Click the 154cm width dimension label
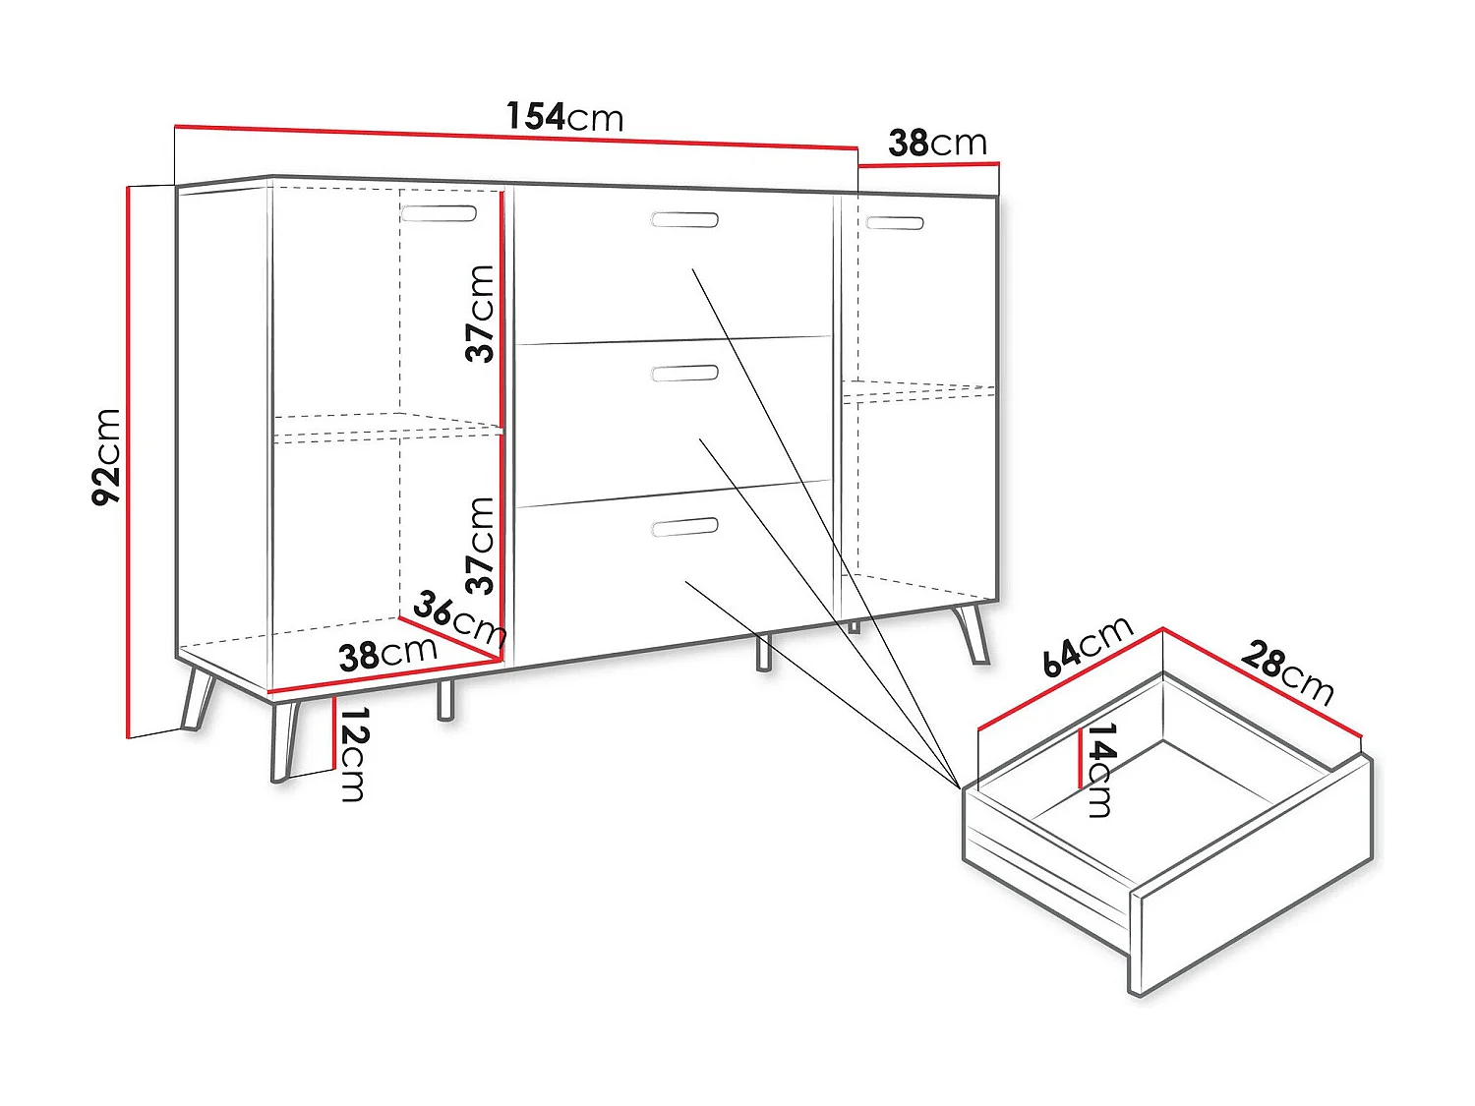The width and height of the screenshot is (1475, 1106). click(x=564, y=117)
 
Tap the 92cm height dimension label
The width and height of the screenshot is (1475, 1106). click(x=106, y=457)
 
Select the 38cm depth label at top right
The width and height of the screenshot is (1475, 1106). click(x=937, y=144)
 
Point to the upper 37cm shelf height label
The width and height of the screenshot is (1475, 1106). click(x=481, y=314)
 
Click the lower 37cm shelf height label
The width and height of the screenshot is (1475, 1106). click(x=481, y=546)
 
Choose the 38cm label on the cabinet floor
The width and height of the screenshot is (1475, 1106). click(x=387, y=655)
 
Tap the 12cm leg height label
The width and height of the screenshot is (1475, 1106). click(x=353, y=754)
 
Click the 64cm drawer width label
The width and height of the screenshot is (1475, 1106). click(x=1088, y=647)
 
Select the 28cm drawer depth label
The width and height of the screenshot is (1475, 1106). click(x=1287, y=672)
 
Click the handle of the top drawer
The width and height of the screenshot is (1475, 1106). click(x=684, y=219)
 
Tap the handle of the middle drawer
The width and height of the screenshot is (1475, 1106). click(x=685, y=373)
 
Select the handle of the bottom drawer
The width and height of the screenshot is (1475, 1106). click(x=685, y=528)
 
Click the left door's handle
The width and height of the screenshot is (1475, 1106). click(x=439, y=213)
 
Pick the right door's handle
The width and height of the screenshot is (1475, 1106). click(x=895, y=223)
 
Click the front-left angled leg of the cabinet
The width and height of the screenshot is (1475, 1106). click(x=284, y=739)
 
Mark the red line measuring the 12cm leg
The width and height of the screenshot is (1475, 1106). click(x=334, y=732)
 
